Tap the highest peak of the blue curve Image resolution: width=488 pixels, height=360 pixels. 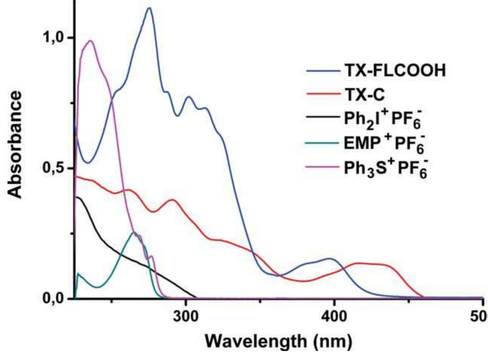[148, 8]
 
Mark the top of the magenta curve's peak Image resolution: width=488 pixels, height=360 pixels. [90, 41]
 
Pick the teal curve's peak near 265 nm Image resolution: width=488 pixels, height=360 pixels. [134, 232]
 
